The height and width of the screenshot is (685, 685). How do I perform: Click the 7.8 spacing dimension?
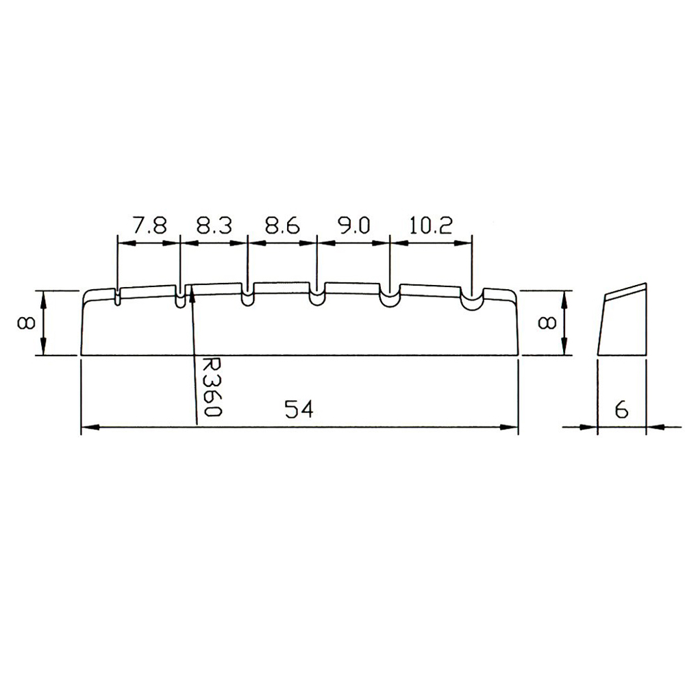[149, 227]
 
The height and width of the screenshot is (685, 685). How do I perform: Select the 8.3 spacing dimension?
[214, 227]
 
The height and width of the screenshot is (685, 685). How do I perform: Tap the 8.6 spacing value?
[282, 227]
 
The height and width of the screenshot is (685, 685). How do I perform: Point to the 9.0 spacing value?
[353, 227]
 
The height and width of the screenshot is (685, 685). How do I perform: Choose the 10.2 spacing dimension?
[430, 227]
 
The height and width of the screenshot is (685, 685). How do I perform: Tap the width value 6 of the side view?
[621, 410]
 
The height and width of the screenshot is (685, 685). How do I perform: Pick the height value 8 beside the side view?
[547, 323]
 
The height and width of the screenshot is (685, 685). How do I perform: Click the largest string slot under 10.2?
[471, 299]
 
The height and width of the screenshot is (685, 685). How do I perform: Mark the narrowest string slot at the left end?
[118, 297]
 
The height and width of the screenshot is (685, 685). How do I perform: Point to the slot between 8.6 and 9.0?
[316, 298]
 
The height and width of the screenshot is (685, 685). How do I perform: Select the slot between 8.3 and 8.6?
[247, 297]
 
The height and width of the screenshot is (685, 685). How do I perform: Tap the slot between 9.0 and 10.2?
[389, 299]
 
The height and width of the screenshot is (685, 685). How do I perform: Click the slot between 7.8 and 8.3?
[180, 299]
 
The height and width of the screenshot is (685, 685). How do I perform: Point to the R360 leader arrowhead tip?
[192, 289]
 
